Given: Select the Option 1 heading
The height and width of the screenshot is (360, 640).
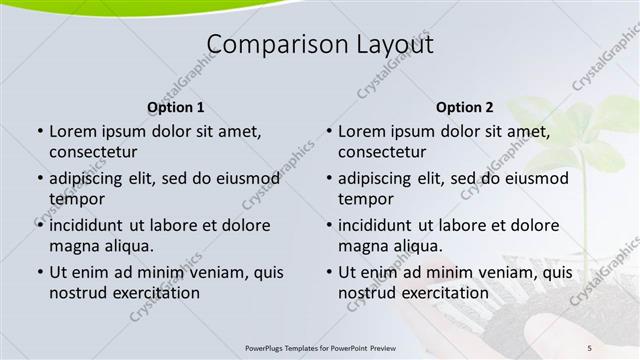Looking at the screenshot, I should (176, 107).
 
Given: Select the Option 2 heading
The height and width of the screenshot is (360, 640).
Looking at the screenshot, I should (465, 107).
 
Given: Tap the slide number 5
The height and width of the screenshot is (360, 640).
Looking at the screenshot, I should (590, 347).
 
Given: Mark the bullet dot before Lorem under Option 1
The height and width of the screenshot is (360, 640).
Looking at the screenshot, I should (39, 131).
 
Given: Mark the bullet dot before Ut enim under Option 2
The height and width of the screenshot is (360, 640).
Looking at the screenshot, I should (328, 272).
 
